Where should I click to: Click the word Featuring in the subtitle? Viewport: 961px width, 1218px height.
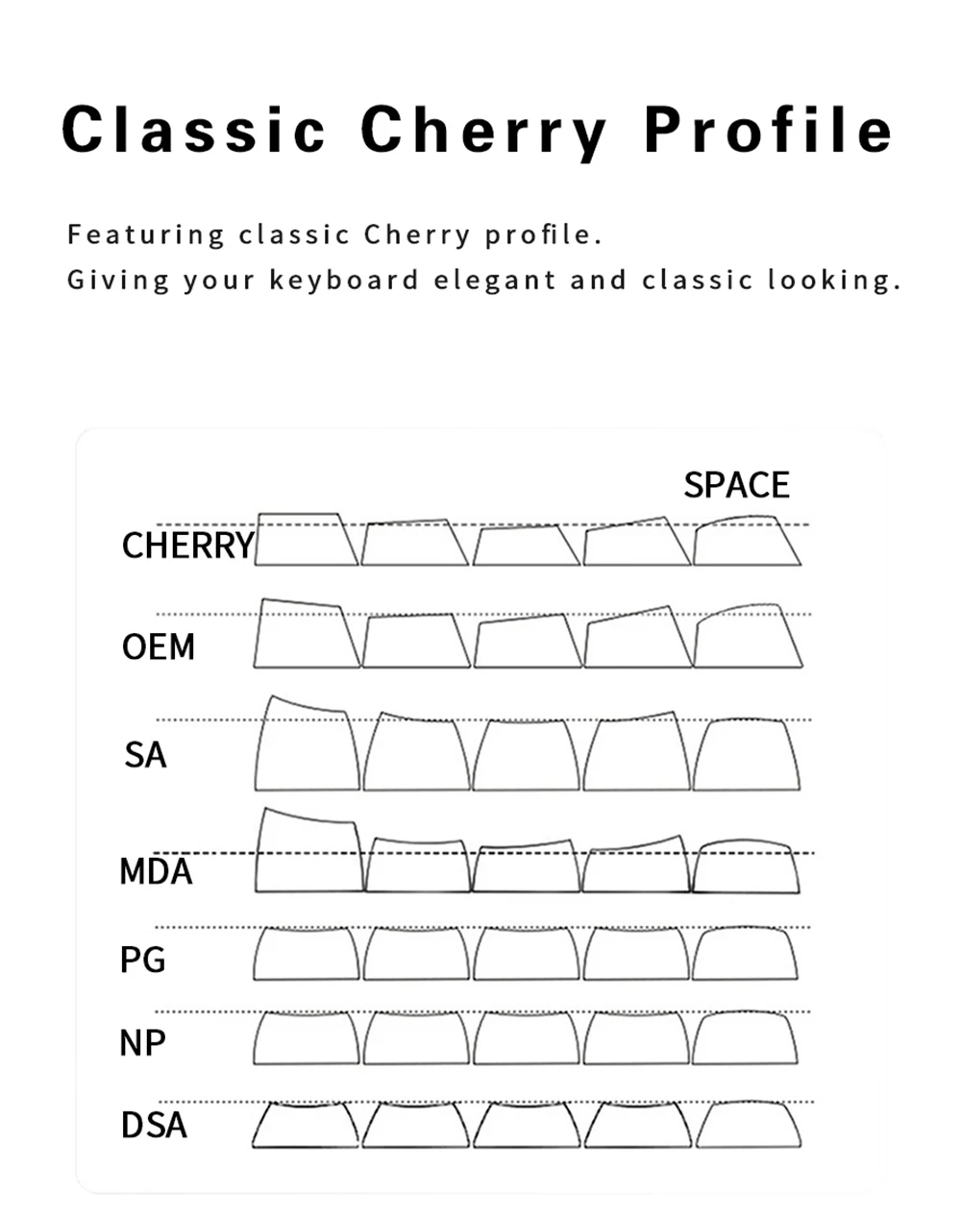coord(146,234)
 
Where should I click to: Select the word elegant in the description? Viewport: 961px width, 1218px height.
coord(494,280)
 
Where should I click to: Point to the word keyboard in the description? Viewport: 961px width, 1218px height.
coord(344,280)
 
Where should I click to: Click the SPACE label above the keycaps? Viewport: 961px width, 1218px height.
coord(736,485)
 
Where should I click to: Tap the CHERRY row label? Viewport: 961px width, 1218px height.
coord(187,546)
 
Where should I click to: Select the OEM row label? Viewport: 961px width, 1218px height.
coord(159,647)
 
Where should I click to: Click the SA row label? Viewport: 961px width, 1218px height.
coord(145,755)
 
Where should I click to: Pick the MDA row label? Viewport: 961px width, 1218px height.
coord(156,872)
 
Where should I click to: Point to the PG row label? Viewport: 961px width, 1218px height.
coord(143,960)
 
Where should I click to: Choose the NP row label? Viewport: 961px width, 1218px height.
coord(142,1043)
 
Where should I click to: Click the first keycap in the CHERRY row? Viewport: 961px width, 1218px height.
coord(305,541)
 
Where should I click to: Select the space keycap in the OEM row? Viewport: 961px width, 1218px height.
coord(747,637)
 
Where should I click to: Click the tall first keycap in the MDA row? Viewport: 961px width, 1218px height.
coord(308,852)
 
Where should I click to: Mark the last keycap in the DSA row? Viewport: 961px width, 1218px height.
coord(748,1125)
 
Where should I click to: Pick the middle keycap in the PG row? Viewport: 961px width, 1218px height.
coord(526,954)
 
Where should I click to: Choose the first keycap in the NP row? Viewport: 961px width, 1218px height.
coord(307,1038)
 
